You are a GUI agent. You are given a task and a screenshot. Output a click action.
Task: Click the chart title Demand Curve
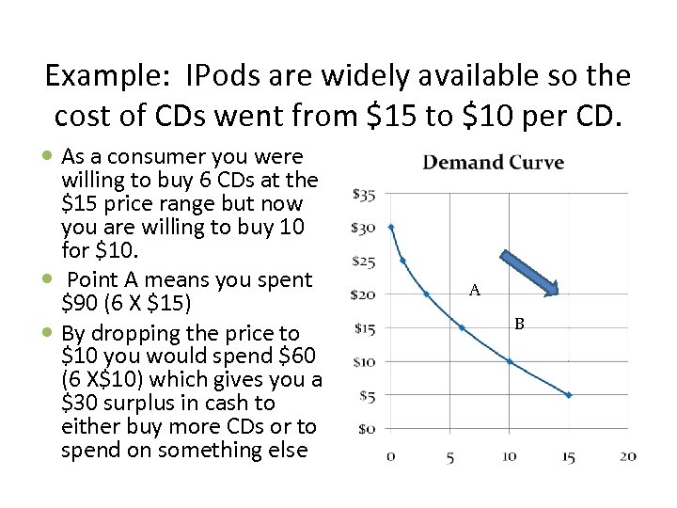(x=494, y=163)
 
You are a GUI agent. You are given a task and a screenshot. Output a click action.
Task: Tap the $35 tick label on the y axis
(x=363, y=195)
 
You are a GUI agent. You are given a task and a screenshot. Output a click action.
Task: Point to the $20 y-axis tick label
(x=363, y=294)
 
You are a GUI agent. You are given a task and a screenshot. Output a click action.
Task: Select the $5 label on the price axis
(x=367, y=396)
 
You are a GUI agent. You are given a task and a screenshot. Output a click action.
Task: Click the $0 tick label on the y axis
(x=367, y=429)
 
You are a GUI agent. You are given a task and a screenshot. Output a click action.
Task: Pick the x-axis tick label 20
(x=628, y=457)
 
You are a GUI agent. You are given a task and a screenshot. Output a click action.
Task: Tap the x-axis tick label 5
(x=450, y=457)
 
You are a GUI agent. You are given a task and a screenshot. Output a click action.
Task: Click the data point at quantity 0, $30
(x=391, y=227)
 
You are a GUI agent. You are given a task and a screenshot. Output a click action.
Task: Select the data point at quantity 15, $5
(x=569, y=395)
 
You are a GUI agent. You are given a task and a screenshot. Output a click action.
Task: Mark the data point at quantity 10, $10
(x=510, y=361)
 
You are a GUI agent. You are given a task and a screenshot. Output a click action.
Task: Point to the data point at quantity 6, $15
(x=462, y=327)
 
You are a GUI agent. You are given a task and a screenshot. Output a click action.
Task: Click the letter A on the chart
(x=475, y=292)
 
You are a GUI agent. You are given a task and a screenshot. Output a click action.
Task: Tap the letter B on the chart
(x=518, y=325)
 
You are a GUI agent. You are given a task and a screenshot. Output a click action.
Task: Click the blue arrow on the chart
(x=529, y=274)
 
